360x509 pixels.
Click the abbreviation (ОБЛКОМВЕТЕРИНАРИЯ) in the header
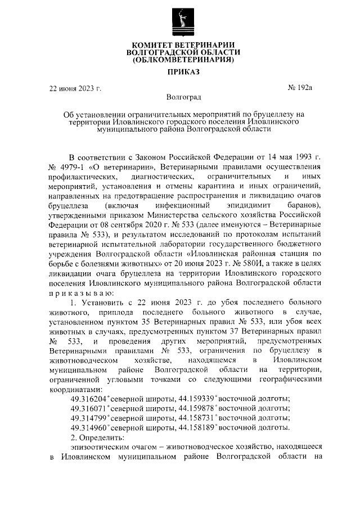tap(182, 60)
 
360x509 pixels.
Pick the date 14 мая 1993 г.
tap(294, 157)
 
